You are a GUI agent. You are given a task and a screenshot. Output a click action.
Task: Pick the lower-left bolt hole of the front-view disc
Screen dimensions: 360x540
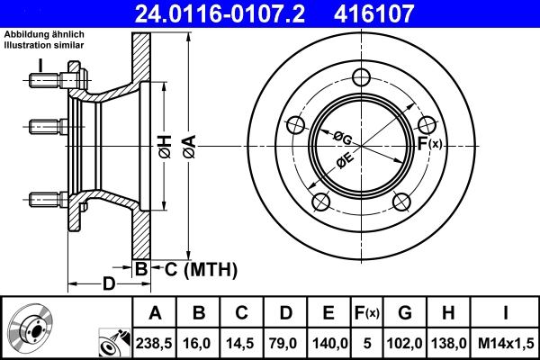coord(319,201)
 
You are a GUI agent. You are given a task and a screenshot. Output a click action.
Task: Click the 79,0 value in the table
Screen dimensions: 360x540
coord(285,342)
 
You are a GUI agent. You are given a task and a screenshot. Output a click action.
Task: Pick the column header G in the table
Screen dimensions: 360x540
coord(405,313)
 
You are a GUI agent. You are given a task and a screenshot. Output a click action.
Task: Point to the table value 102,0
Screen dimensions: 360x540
coord(405,342)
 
